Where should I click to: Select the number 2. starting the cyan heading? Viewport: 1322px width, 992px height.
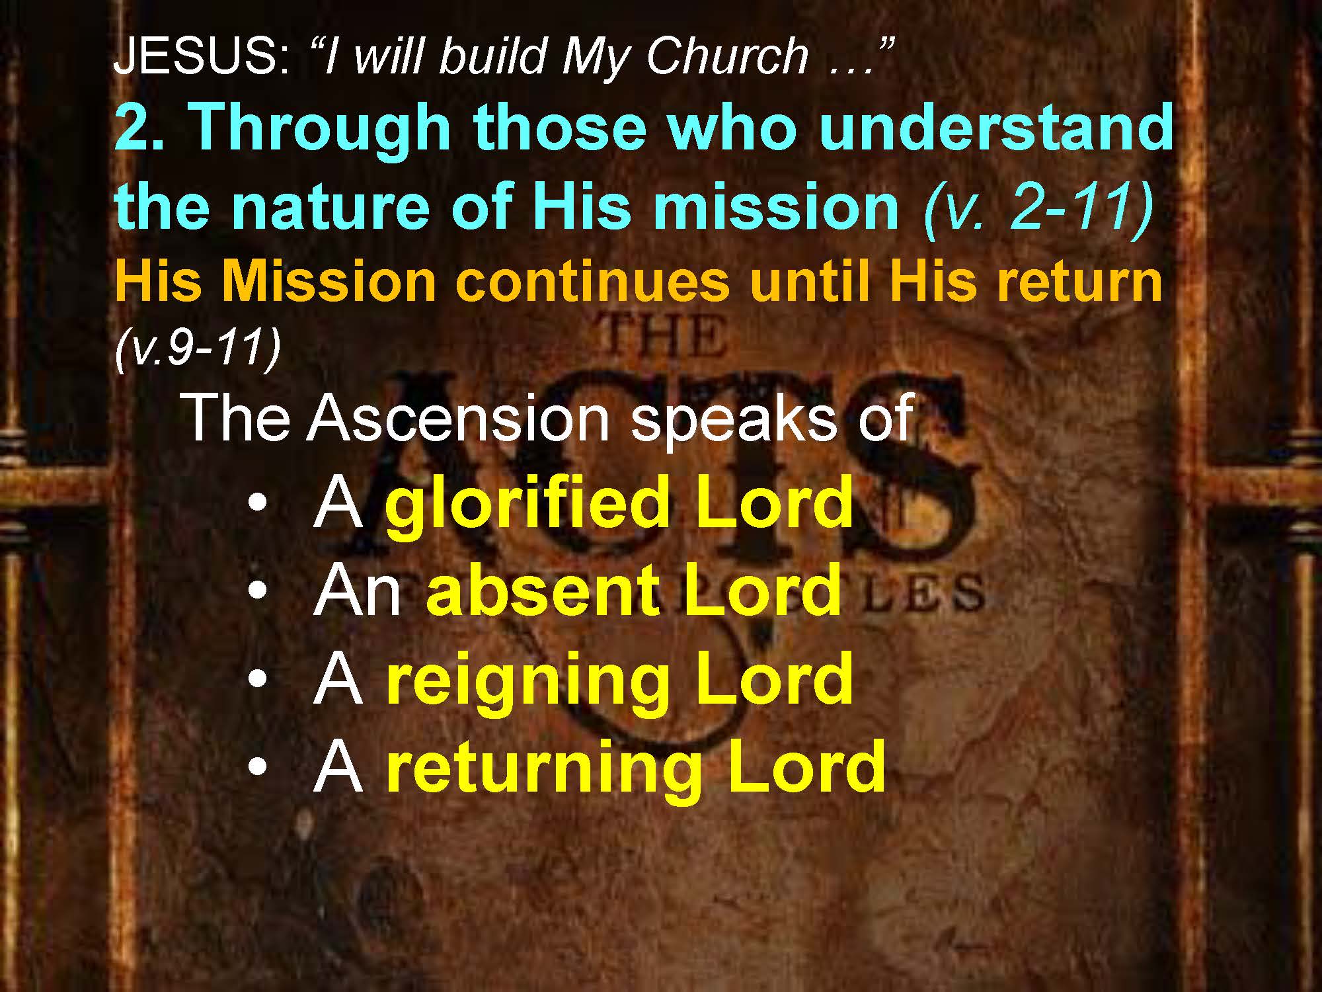(139, 127)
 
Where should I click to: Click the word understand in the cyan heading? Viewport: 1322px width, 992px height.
(996, 127)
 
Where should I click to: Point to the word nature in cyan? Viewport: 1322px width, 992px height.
(330, 206)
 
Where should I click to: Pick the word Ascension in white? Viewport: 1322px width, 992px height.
(457, 418)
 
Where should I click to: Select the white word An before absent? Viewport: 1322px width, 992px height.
(358, 591)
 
